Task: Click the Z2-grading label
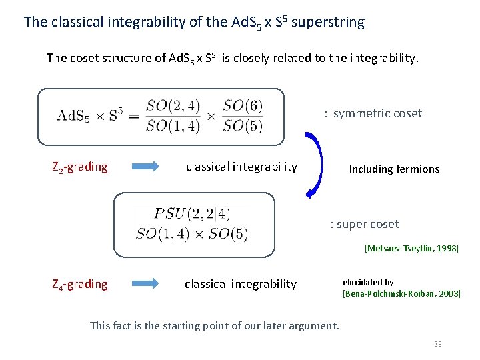(x=79, y=167)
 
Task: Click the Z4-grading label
(x=79, y=285)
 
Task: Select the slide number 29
(x=437, y=344)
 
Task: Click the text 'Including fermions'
(x=394, y=169)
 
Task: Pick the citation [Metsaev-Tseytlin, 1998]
(x=411, y=249)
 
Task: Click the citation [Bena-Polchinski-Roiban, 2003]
(x=401, y=293)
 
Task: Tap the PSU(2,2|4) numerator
(x=192, y=214)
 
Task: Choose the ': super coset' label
(x=365, y=224)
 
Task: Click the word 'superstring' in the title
(x=328, y=22)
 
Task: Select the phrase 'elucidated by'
(x=368, y=283)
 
